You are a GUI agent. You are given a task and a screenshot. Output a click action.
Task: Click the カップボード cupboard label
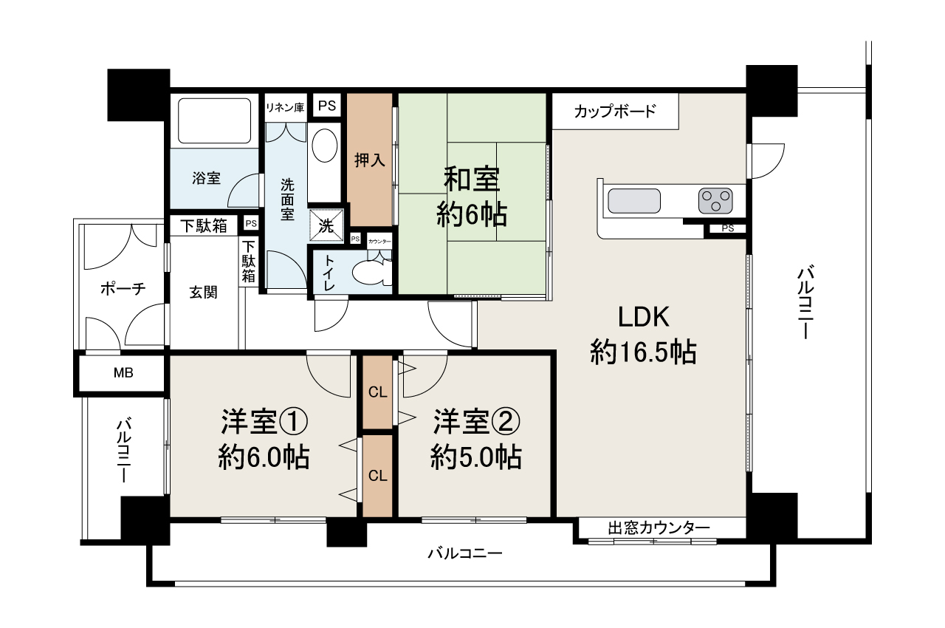point(615,112)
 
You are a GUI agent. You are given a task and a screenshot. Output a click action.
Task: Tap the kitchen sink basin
point(634,201)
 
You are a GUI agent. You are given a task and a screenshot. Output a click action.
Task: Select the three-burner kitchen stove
point(715,200)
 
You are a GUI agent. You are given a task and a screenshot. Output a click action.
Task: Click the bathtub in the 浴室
point(214,120)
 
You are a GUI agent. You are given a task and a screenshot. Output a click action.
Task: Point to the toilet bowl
point(371,271)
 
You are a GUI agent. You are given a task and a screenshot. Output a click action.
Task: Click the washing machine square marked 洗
point(326,226)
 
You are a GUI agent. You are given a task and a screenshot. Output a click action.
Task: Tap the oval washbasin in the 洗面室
point(324,145)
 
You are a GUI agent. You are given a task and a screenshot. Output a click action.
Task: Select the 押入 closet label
point(370,160)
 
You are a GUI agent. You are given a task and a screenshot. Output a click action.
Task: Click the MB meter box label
point(123,372)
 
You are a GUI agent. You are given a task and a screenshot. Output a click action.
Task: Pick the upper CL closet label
point(377,392)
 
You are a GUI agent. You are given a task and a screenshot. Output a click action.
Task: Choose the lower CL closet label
point(377,476)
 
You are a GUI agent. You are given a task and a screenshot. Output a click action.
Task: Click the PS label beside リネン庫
point(327,106)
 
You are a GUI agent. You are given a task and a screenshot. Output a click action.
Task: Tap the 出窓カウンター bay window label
point(659,528)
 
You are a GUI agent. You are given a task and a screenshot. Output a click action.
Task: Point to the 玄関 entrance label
point(203,292)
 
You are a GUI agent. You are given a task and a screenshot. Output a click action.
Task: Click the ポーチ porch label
point(123,289)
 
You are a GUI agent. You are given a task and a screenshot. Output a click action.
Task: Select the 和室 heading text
point(472,179)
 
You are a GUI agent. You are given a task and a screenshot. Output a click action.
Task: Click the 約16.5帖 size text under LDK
point(643,352)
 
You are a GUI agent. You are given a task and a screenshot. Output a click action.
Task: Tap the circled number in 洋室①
point(294,423)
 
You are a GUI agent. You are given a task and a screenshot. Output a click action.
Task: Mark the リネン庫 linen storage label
point(285,108)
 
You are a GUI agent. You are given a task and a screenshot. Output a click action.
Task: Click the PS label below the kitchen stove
point(728,228)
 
